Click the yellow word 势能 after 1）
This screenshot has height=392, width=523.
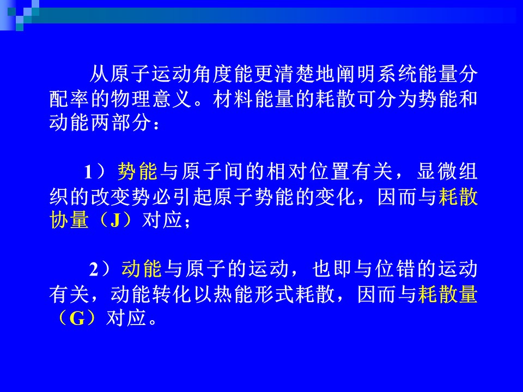click(137, 171)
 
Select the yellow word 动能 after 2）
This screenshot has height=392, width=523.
click(142, 269)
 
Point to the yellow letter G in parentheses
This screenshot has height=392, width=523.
click(77, 318)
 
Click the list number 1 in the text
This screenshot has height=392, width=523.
click(88, 173)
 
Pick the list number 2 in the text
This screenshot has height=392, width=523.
click(94, 269)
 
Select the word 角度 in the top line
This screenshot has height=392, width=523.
click(213, 73)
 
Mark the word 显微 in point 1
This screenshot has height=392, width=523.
click(437, 171)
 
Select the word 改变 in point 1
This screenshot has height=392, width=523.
click(111, 197)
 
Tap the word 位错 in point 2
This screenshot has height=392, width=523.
click(395, 269)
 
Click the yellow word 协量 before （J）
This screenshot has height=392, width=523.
click(69, 220)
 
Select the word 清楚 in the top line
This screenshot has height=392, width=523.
click(295, 73)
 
